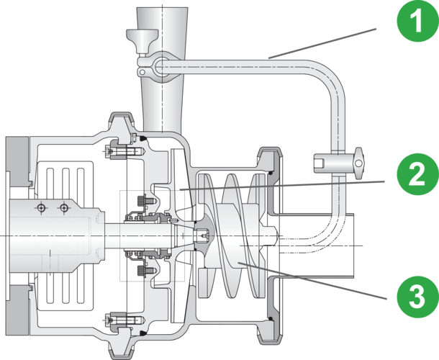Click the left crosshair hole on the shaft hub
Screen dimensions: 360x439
(x=41, y=208)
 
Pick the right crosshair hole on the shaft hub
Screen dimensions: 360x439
(x=64, y=208)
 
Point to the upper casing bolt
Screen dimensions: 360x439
(x=114, y=152)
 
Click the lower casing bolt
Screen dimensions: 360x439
(x=114, y=317)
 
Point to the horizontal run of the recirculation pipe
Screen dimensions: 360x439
(x=245, y=67)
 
